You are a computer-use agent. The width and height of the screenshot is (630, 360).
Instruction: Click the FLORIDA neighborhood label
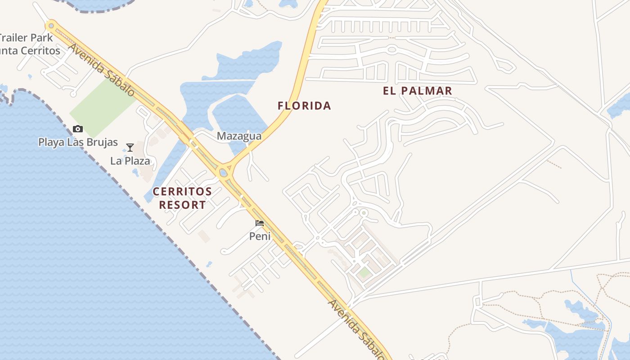(x=304, y=106)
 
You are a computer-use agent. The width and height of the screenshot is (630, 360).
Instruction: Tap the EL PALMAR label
(x=417, y=90)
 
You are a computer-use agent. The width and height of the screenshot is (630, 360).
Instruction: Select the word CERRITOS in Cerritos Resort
(x=182, y=191)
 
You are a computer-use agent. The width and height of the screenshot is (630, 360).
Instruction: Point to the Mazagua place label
(x=239, y=136)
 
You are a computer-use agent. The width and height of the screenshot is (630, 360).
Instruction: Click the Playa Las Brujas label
(x=78, y=142)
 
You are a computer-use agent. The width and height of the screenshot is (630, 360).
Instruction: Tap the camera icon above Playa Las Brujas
(x=78, y=129)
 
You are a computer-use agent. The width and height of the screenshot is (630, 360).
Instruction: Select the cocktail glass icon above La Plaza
(x=130, y=147)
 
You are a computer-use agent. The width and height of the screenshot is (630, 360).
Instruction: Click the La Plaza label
(x=130, y=161)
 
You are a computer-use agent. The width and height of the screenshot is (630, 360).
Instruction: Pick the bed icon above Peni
(x=260, y=223)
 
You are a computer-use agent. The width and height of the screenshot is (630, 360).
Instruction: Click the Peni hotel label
(x=260, y=236)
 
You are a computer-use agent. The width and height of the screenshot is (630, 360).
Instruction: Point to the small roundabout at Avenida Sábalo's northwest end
(x=51, y=26)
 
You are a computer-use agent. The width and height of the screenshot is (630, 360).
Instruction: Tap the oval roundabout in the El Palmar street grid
(x=391, y=50)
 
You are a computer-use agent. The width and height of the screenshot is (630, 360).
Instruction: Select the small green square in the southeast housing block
(x=364, y=272)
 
